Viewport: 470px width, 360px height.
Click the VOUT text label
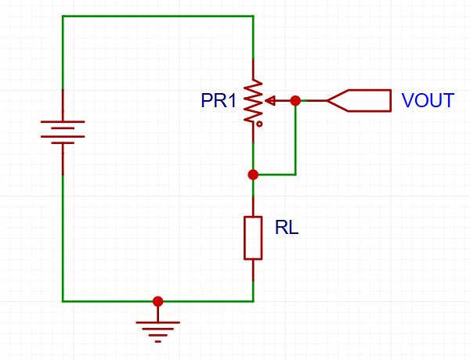point(428,100)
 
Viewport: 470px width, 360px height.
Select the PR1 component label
point(219,100)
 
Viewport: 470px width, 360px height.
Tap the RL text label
point(287,227)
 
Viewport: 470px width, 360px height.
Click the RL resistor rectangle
point(253,238)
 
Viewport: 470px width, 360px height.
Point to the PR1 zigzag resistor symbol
point(253,101)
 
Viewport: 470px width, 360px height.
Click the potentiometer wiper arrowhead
point(270,101)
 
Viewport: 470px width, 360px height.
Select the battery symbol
point(63,132)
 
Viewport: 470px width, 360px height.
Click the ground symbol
point(158,332)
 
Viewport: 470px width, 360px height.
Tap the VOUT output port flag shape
point(359,101)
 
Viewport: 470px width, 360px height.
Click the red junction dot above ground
point(158,301)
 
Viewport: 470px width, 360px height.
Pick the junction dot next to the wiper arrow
point(295,101)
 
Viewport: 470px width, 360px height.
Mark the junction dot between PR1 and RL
point(253,175)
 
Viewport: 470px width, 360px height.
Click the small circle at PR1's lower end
point(259,124)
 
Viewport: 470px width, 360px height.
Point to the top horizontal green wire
point(158,16)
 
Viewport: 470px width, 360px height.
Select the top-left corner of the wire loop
point(63,16)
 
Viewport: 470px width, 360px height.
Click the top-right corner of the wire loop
point(253,16)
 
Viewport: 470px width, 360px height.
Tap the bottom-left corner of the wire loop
point(63,301)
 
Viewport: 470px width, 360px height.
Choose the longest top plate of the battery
point(63,121)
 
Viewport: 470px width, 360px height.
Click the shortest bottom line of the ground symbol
point(158,341)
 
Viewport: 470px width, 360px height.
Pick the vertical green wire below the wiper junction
point(295,138)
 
